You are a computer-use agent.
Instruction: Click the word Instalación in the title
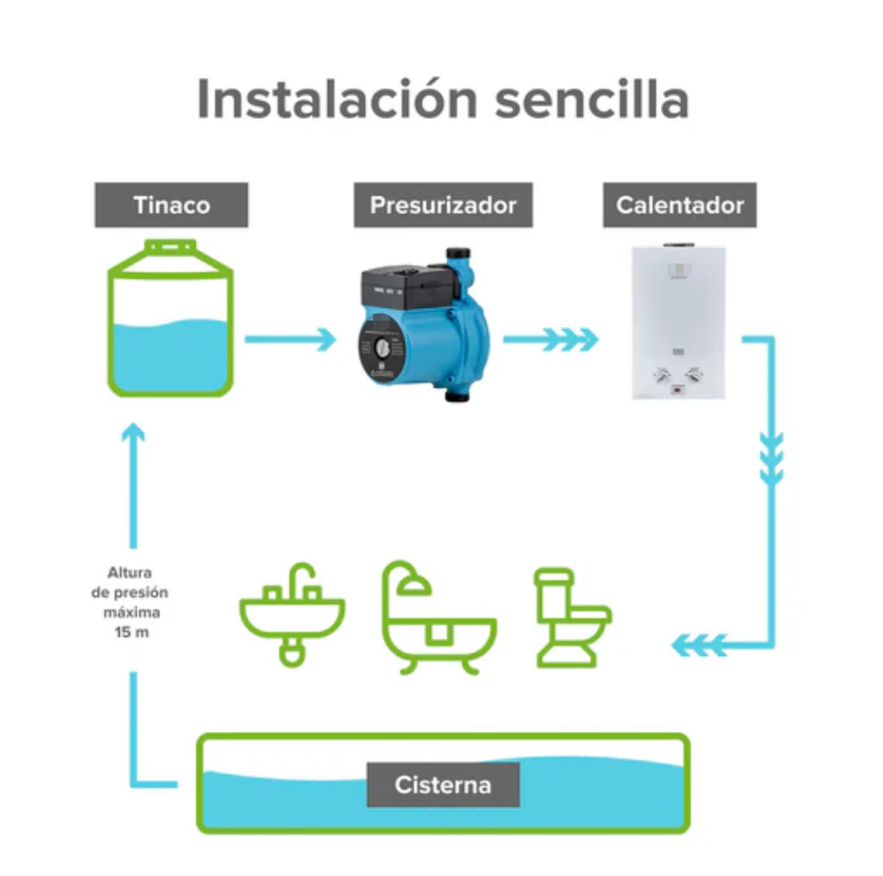pyautogui.click(x=337, y=99)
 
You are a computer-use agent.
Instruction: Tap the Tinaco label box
pyautogui.click(x=171, y=204)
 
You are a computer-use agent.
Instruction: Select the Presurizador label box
pyautogui.click(x=442, y=204)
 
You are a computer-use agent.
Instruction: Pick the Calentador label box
pyautogui.click(x=680, y=204)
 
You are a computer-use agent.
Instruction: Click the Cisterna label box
pyautogui.click(x=442, y=785)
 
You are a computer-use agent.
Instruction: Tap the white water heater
pyautogui.click(x=679, y=322)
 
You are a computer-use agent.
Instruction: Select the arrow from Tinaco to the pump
pyautogui.click(x=290, y=339)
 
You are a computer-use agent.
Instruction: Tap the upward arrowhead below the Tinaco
pyautogui.click(x=135, y=432)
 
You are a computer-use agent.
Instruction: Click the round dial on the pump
pyautogui.click(x=379, y=351)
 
